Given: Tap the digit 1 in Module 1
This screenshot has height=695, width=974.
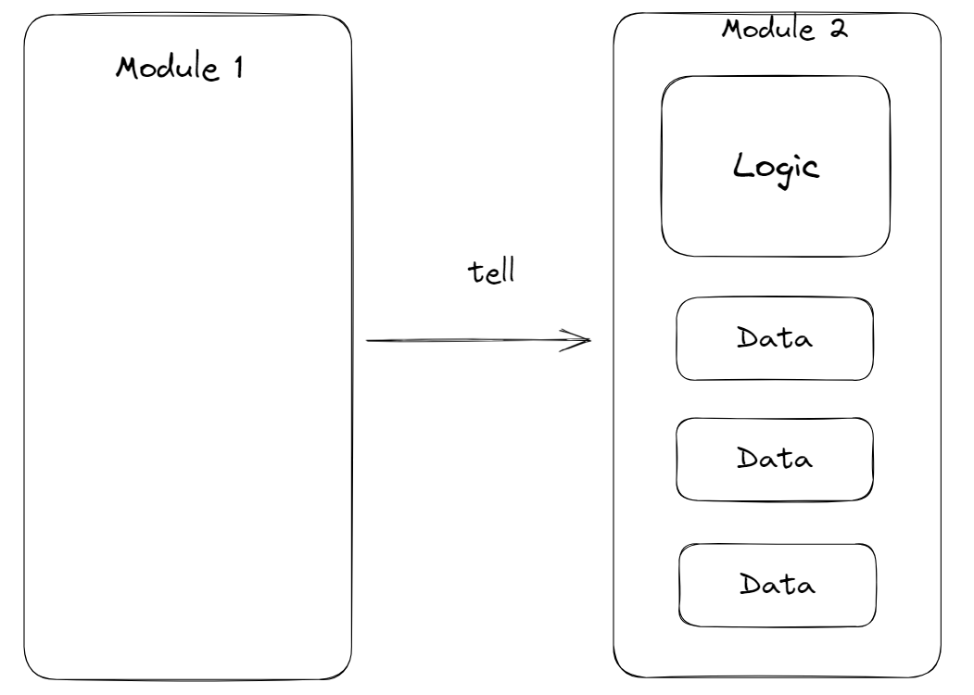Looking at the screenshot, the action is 238,67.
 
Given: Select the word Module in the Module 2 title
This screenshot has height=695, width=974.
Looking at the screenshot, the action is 767,29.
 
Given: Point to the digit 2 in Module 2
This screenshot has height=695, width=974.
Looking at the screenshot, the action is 839,29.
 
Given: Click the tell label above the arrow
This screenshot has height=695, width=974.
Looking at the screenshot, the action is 491,272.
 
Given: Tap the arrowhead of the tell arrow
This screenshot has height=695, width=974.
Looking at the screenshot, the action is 590,340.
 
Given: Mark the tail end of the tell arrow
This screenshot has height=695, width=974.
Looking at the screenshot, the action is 366,340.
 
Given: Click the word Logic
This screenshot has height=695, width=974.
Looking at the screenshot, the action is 776,169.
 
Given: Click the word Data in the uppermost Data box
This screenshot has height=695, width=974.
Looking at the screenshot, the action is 775,338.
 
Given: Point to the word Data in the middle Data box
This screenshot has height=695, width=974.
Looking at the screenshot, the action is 775,459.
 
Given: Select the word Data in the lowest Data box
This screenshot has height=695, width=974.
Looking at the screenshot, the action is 778,585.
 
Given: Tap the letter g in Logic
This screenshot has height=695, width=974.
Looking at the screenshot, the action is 785,174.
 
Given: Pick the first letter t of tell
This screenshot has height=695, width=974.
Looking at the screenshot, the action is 474,273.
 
